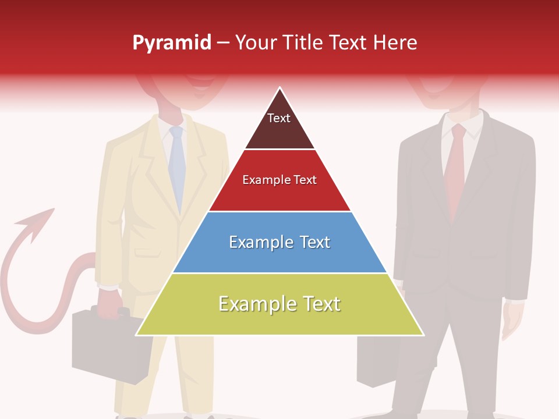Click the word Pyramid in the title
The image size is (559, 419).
point(172,43)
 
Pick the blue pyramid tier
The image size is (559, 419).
point(279,242)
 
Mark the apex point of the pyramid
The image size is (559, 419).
point(280,88)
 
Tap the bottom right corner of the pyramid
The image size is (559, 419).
point(423,335)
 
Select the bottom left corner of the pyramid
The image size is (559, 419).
point(136,335)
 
